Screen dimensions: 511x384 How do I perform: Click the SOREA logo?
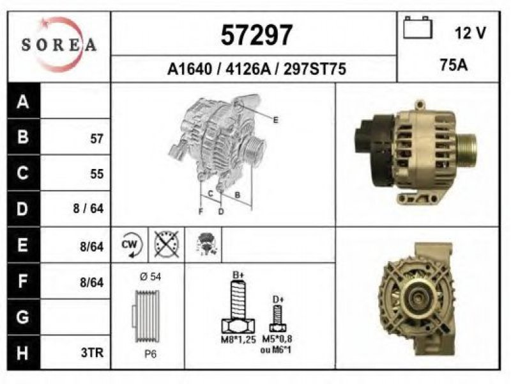59,44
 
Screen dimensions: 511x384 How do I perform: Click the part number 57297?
257,35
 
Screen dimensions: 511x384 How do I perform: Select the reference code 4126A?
248,69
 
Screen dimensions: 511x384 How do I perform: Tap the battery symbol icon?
418,28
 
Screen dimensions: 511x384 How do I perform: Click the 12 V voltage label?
470,33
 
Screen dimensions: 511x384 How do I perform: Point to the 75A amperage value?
454,65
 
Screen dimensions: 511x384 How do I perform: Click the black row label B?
23,136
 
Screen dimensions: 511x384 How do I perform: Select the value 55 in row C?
97,173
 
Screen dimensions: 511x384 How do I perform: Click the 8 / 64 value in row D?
88,209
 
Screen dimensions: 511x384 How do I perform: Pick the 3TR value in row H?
92,353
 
